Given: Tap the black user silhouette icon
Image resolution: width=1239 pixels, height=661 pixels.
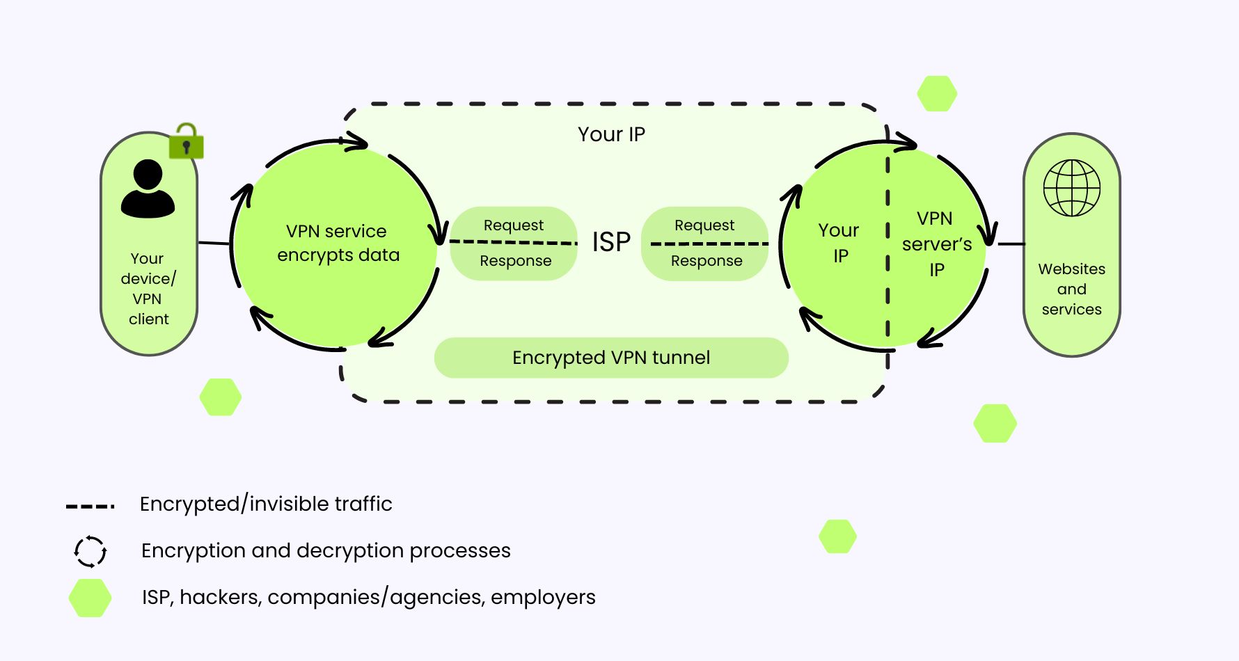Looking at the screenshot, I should coord(148,189).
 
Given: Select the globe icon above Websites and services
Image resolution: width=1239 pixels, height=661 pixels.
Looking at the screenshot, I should coord(1071,188).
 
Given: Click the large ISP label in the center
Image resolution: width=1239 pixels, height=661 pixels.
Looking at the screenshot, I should coord(611,242).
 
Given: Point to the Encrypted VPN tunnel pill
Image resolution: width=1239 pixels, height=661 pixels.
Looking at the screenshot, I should coord(611,358).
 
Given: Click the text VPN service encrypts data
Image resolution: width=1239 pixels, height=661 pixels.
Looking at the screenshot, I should coord(338,243).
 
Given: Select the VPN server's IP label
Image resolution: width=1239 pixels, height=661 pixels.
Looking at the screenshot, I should coord(936,244).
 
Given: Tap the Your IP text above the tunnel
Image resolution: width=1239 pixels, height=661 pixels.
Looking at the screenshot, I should coord(611,134).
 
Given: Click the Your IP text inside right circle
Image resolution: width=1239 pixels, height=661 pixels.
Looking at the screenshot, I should coord(839,243).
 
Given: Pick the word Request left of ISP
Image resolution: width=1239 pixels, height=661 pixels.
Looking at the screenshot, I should coord(514,225).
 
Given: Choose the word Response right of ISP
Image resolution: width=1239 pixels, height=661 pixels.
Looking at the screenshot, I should coord(706,261).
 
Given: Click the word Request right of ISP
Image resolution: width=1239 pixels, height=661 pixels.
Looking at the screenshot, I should coord(704,225).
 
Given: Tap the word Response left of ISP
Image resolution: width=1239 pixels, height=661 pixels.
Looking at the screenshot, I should coord(515,261).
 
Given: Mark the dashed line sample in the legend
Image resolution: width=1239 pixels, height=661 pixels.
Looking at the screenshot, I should coord(90,506).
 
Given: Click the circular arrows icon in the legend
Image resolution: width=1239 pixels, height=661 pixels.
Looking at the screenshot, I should coord(90,552).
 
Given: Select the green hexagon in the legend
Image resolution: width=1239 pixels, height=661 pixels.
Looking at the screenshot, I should coord(90,598).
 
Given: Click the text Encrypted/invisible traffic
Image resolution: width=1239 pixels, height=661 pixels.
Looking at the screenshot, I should coord(266,504).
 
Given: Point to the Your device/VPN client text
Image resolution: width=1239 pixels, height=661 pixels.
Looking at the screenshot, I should coord(148,289).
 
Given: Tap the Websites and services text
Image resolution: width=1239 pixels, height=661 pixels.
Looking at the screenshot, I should coord(1071,289).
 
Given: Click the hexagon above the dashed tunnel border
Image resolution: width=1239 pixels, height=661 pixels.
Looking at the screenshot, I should coord(937,93).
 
